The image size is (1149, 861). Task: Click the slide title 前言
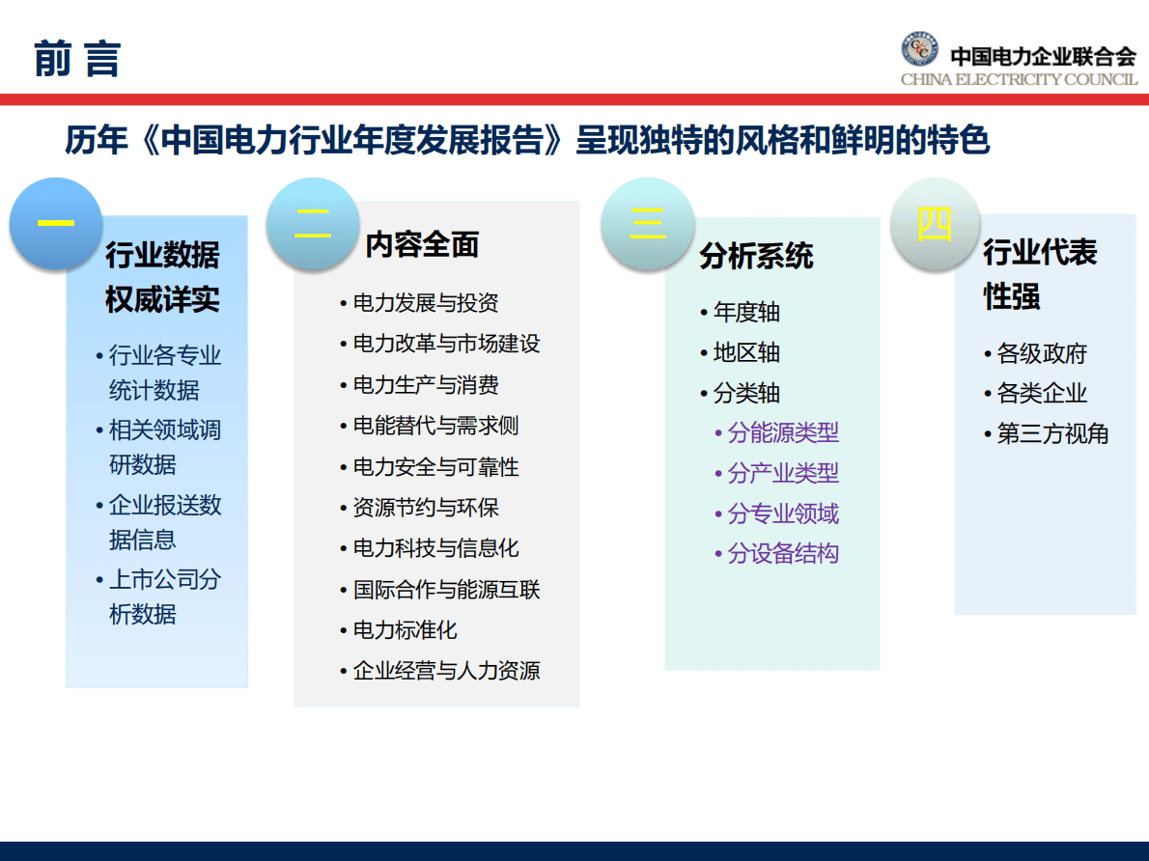coord(77,58)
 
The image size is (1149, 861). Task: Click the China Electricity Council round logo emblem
coord(919,49)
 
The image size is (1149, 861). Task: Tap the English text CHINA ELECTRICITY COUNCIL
coord(1019,79)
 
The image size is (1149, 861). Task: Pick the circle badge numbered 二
coord(312,223)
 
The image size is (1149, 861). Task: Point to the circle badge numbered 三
coord(647,223)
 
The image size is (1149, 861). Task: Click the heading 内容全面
coord(422,245)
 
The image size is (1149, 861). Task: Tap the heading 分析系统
coord(756,256)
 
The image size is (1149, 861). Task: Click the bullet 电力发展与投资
coord(425,303)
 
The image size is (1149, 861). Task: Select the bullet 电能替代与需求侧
coord(435,426)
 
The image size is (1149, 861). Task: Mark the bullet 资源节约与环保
coord(425,508)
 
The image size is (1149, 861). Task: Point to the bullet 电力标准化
coord(405,630)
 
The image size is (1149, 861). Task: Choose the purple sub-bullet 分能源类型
coord(782,432)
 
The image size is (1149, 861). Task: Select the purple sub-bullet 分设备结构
coord(782,553)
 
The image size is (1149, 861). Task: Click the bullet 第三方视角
coord(1051,433)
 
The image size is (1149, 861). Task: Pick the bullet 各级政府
coord(1041,353)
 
